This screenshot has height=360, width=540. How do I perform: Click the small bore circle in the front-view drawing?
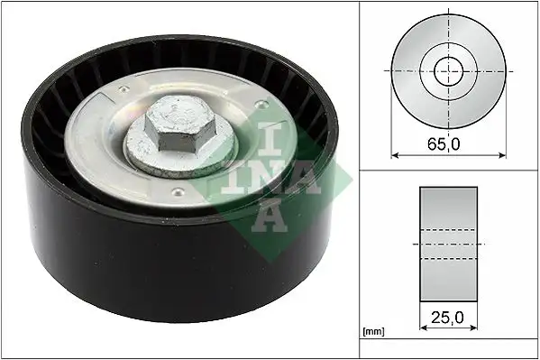pos(448,69)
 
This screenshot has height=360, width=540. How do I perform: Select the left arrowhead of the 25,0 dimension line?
pos(422,330)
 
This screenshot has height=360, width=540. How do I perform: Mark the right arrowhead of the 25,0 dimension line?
pos(476,330)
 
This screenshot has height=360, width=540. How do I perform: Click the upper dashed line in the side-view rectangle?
pos(449,230)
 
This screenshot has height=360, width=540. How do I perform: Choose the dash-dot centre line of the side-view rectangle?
pos(449,245)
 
